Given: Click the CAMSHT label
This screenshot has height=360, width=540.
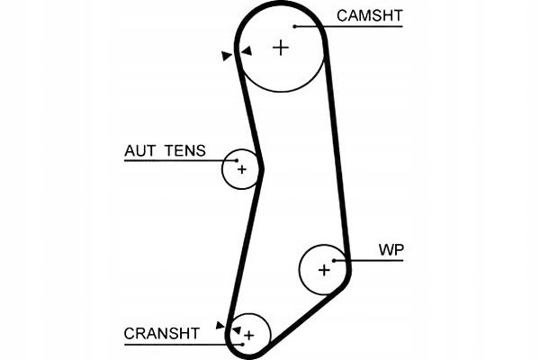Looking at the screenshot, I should [x=370, y=15].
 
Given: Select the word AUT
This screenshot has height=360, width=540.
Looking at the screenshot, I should [x=139, y=150].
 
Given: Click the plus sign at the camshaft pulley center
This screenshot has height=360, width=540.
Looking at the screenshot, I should [x=282, y=47].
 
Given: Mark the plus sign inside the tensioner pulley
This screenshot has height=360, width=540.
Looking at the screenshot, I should [x=241, y=168].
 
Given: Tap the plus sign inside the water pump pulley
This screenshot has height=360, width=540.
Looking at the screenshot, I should [x=325, y=268].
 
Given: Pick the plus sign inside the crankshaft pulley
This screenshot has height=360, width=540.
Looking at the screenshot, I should [x=249, y=335].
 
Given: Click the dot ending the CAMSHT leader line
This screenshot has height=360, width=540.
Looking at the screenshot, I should [x=294, y=26].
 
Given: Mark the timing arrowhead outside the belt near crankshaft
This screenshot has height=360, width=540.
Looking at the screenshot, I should [x=220, y=324].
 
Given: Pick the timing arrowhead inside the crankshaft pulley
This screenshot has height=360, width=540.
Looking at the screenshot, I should [x=236, y=330].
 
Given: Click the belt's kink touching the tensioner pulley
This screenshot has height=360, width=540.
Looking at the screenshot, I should [x=261, y=167].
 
